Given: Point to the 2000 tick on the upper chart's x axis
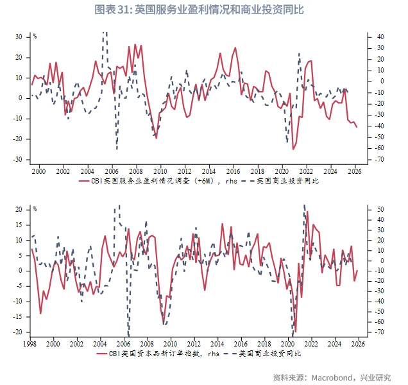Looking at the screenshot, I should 38,171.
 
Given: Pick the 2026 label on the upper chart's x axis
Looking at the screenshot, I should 355,171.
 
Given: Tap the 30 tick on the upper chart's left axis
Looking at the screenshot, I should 19,37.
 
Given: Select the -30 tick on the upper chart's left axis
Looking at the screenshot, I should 18,160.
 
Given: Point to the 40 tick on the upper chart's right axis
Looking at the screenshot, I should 380,37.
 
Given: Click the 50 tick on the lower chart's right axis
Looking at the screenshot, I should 380,209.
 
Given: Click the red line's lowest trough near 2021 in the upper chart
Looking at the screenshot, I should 293,150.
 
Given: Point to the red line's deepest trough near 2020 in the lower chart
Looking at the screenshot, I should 295,332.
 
